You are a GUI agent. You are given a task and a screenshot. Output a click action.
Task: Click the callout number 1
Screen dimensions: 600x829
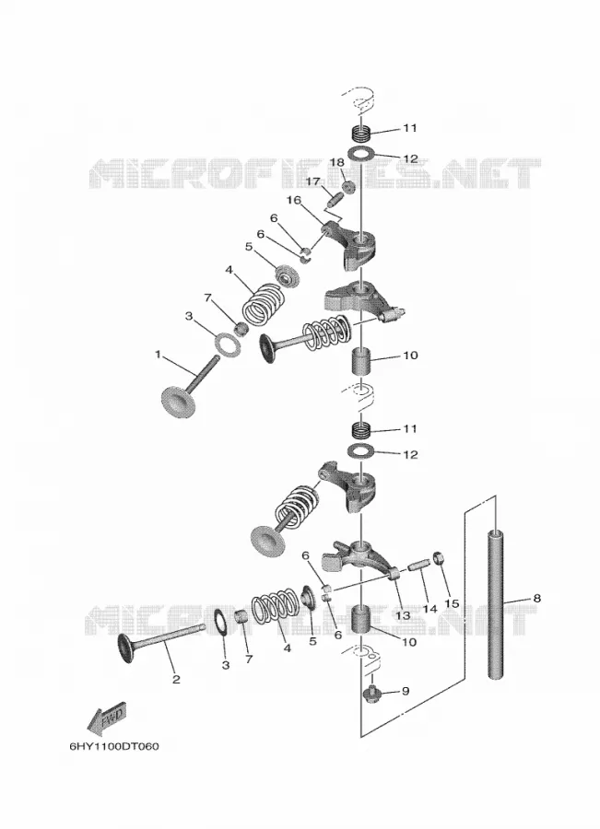point(158,355)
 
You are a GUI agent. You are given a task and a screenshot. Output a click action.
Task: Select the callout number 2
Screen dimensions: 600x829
point(176,680)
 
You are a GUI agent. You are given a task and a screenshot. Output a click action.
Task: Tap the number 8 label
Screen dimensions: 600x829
point(537,599)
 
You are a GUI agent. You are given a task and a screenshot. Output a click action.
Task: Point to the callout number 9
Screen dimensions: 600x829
point(406,691)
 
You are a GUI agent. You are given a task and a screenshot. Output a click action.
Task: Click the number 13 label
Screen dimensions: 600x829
point(403,615)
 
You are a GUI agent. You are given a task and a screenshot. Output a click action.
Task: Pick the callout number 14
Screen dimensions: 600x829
point(429,609)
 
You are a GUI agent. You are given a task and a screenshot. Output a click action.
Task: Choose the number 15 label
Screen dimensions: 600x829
point(452,603)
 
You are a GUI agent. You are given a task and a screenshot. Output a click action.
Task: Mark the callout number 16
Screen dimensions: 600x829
point(294,200)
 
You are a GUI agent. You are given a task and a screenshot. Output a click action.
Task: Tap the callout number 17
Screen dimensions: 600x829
point(313,181)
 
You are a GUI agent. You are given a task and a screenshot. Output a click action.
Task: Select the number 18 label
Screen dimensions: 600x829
point(337,162)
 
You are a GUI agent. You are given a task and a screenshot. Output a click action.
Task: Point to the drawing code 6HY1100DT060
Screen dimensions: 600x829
point(113,746)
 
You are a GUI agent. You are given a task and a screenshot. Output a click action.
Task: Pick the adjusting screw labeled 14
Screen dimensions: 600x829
point(418,566)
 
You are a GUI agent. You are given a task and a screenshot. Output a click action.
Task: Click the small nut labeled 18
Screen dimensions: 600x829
point(348,187)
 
